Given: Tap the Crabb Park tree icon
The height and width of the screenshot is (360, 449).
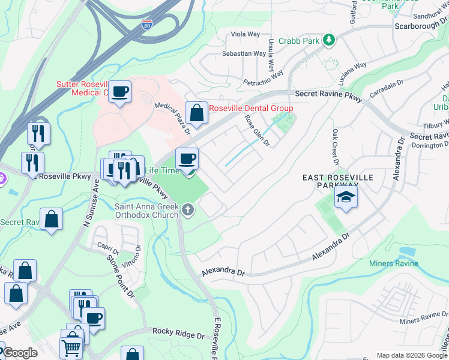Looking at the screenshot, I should point(328,40).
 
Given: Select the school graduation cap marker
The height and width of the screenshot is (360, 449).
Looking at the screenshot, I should point(346,197).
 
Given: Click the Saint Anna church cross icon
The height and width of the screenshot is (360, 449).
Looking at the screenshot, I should point(188,209).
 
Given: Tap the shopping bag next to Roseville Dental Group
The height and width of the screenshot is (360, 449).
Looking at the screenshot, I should point(196,112).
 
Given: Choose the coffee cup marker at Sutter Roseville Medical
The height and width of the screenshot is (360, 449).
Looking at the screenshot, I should point(121,91).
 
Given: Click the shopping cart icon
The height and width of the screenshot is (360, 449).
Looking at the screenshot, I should point(71,346).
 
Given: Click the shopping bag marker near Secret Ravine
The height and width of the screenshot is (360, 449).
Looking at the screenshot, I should point(52,220).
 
